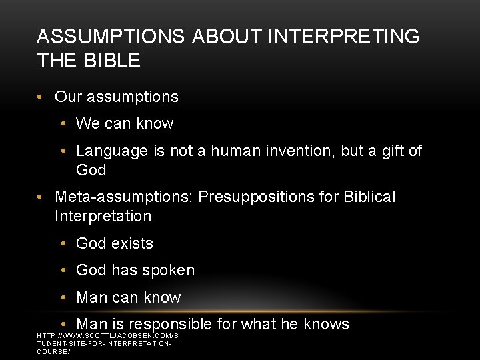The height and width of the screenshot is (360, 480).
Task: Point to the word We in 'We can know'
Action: pos(88,123)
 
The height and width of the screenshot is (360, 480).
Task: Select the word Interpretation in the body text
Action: pos(103,217)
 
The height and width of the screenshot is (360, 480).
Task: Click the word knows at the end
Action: pos(326,325)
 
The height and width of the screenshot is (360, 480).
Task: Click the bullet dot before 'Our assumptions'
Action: pos(41,97)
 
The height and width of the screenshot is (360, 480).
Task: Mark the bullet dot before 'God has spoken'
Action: pos(63,271)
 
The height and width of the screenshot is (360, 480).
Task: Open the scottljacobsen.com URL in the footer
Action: pos(107,343)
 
